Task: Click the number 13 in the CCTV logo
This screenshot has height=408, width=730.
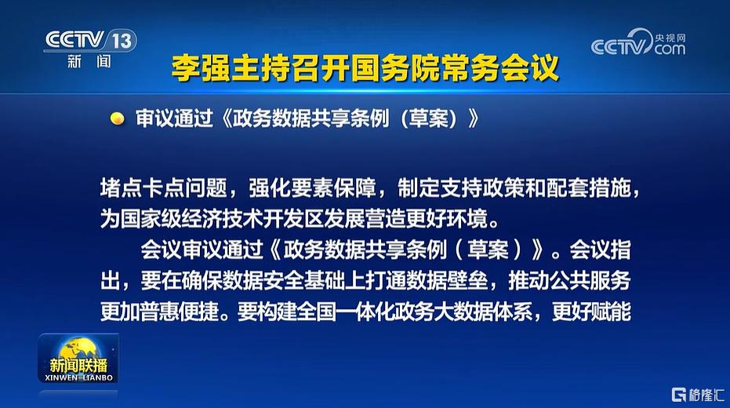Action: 122,41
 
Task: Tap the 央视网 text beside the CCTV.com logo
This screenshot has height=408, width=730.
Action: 670,38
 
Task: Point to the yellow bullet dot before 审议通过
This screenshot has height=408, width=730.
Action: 118,118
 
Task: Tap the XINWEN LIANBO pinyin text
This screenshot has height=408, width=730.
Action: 78,377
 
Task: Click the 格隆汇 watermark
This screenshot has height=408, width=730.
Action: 698,395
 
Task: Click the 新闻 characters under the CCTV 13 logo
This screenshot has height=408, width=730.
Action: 89,61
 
